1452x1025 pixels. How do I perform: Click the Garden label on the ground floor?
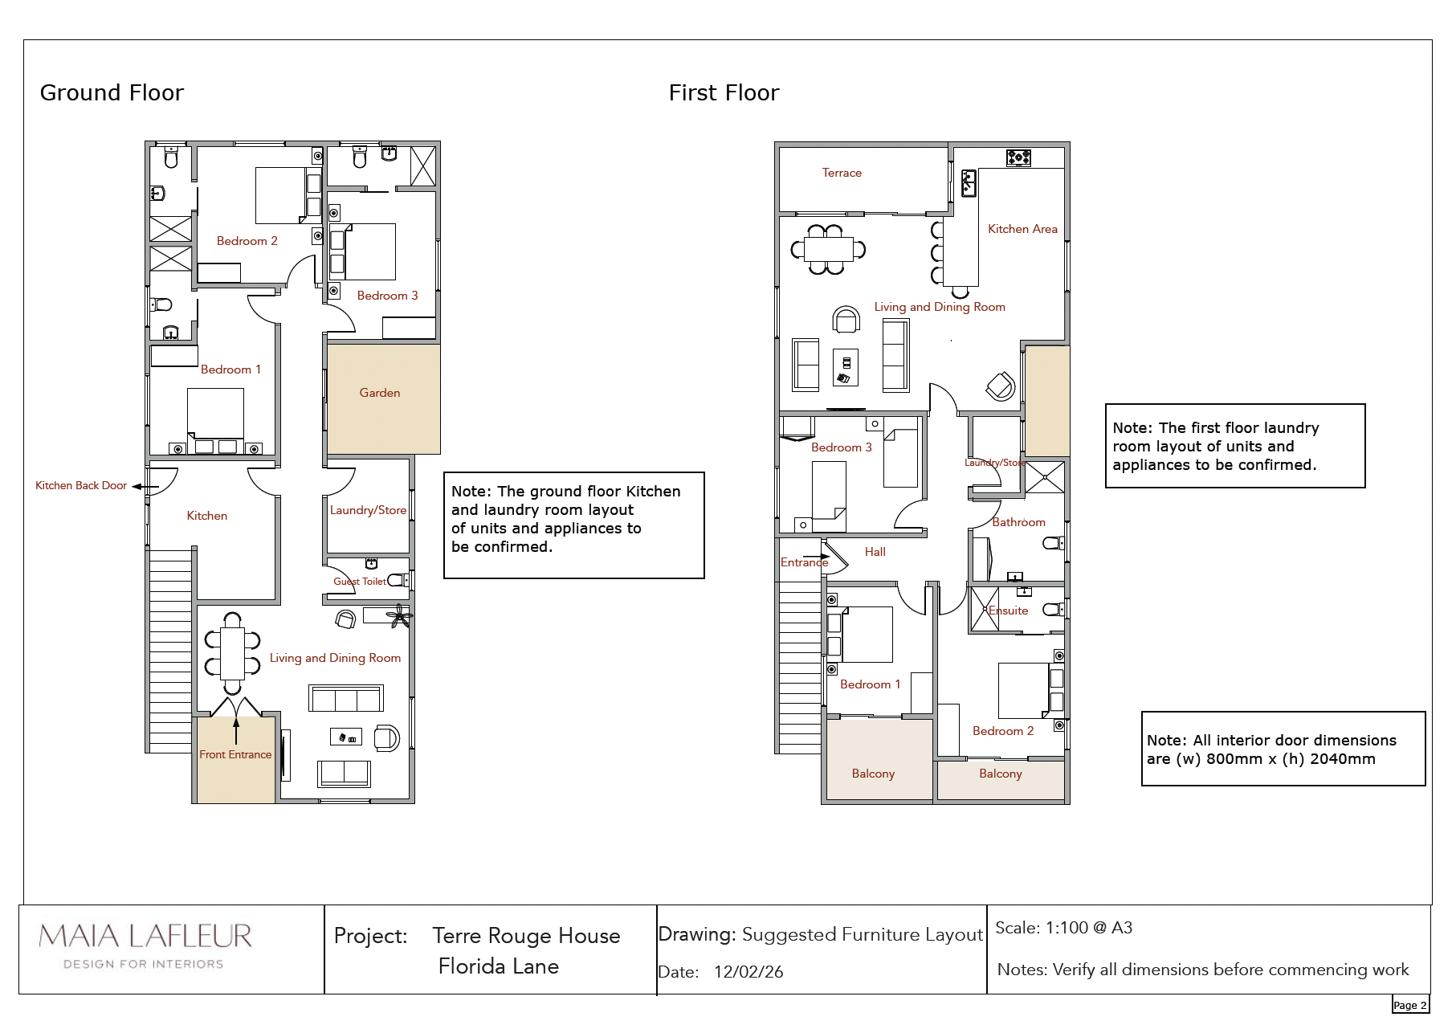coord(380,393)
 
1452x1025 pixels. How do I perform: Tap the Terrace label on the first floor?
coord(842,173)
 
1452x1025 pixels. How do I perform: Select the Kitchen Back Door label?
coord(81,485)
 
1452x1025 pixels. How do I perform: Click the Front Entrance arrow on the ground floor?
coord(236,731)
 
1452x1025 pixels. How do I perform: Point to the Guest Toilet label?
coord(360,582)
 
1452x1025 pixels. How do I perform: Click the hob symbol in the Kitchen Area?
coord(1018,157)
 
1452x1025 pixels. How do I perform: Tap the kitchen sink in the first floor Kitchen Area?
coord(969,183)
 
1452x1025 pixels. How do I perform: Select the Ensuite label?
coord(1008,611)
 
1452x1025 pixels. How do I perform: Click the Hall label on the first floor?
coord(875,552)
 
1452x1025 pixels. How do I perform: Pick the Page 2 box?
coord(1410,1005)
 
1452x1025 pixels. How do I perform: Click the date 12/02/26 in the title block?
coord(748,972)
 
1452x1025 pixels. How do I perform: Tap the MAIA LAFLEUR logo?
coord(145,945)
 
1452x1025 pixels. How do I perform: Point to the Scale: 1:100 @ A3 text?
coord(1064,928)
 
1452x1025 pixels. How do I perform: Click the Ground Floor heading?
coord(112,93)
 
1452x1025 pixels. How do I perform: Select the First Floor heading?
coord(724,93)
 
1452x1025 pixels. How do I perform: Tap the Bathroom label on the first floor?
coord(1018,522)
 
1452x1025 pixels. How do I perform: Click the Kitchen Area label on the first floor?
coord(1022,229)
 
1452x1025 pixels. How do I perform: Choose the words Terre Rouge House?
coord(526,936)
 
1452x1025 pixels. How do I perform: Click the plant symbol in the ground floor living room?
coord(399,616)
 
